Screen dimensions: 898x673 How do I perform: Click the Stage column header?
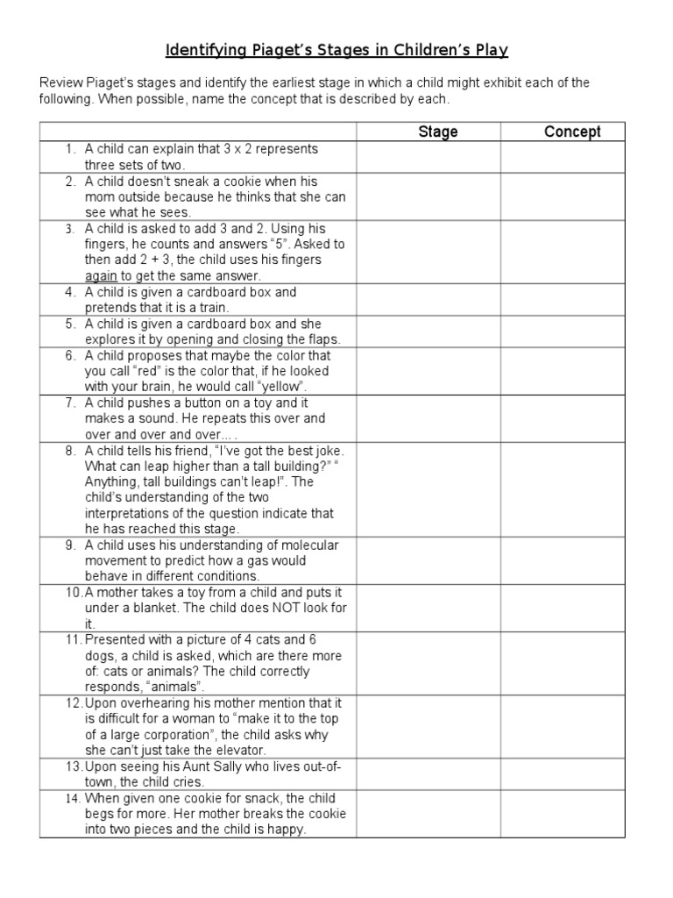tap(437, 132)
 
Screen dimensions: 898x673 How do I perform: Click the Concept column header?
tap(572, 132)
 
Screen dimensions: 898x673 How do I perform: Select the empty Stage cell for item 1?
tap(429, 157)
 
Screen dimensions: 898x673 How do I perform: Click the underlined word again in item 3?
tap(102, 275)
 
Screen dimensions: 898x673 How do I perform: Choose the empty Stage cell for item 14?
tap(429, 814)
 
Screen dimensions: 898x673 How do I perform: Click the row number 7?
tap(69, 403)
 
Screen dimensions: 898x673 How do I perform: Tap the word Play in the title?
tap(491, 50)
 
